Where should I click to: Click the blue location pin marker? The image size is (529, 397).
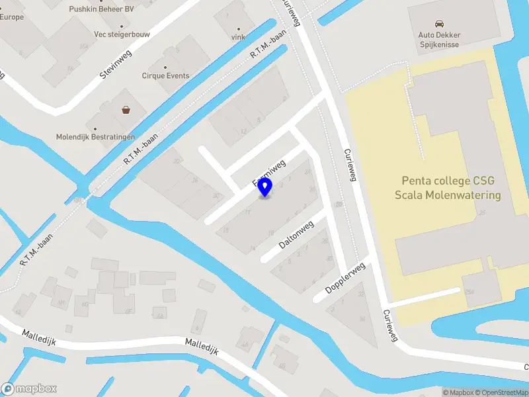pyautogui.click(x=265, y=188)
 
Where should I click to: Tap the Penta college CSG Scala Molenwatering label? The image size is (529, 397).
pyautogui.click(x=448, y=188)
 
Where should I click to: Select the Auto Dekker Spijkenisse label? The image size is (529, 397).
pyautogui.click(x=439, y=40)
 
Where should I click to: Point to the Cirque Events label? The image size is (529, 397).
pyautogui.click(x=165, y=75)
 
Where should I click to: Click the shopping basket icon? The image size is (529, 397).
pyautogui.click(x=126, y=110)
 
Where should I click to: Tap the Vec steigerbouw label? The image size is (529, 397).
pyautogui.click(x=122, y=33)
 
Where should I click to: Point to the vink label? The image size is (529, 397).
pyautogui.click(x=238, y=37)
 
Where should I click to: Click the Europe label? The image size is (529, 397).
pyautogui.click(x=12, y=17)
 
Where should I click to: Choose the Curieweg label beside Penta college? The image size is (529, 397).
pyautogui.click(x=350, y=163)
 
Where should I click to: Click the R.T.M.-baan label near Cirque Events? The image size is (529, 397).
pyautogui.click(x=268, y=45)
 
